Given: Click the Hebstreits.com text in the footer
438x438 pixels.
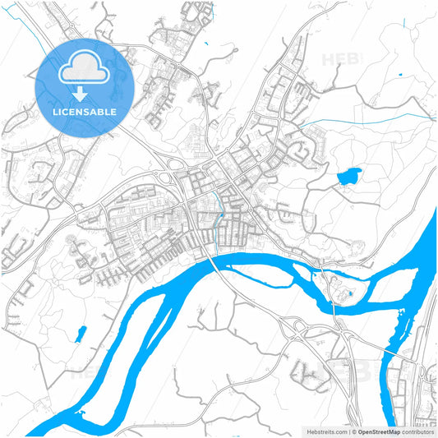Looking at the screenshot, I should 326,431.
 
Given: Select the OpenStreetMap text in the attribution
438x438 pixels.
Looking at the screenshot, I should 379,431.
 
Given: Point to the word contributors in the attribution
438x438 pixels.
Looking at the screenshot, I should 417,431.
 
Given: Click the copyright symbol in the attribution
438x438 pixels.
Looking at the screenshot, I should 353,431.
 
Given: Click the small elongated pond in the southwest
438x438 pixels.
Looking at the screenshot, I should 81,334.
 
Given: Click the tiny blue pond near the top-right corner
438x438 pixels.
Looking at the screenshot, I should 399,76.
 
